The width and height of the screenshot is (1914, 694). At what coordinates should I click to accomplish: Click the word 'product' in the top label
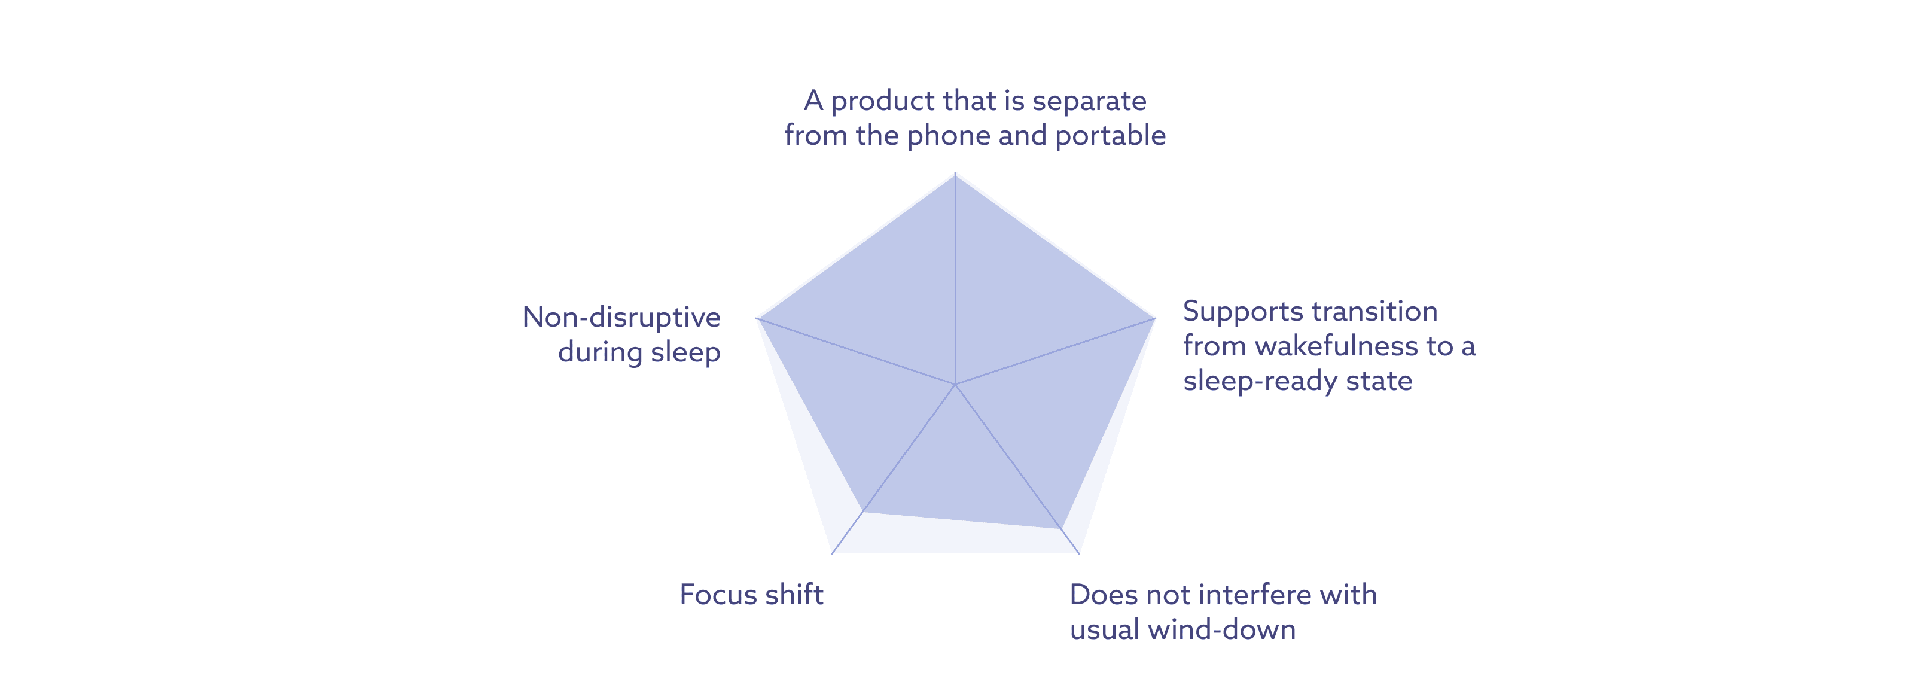(882, 101)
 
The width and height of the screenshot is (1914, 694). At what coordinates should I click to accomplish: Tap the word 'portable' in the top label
(1110, 136)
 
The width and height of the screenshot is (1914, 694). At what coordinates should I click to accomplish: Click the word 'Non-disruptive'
(621, 317)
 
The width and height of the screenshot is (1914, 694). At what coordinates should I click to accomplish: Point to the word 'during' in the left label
(599, 352)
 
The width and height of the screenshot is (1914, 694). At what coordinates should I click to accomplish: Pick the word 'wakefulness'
(1335, 346)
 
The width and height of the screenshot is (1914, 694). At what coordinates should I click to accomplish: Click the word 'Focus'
(717, 595)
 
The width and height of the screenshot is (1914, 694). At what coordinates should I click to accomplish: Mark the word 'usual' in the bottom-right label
(1104, 630)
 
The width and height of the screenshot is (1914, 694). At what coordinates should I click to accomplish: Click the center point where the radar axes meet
(955, 384)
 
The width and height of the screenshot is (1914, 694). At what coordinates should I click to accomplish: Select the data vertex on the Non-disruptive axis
(757, 319)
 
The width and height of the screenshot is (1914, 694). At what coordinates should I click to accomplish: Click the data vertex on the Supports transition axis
(1154, 319)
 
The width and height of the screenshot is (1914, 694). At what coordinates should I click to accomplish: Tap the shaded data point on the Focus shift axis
(862, 511)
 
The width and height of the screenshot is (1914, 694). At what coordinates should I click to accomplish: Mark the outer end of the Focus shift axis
(832, 553)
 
